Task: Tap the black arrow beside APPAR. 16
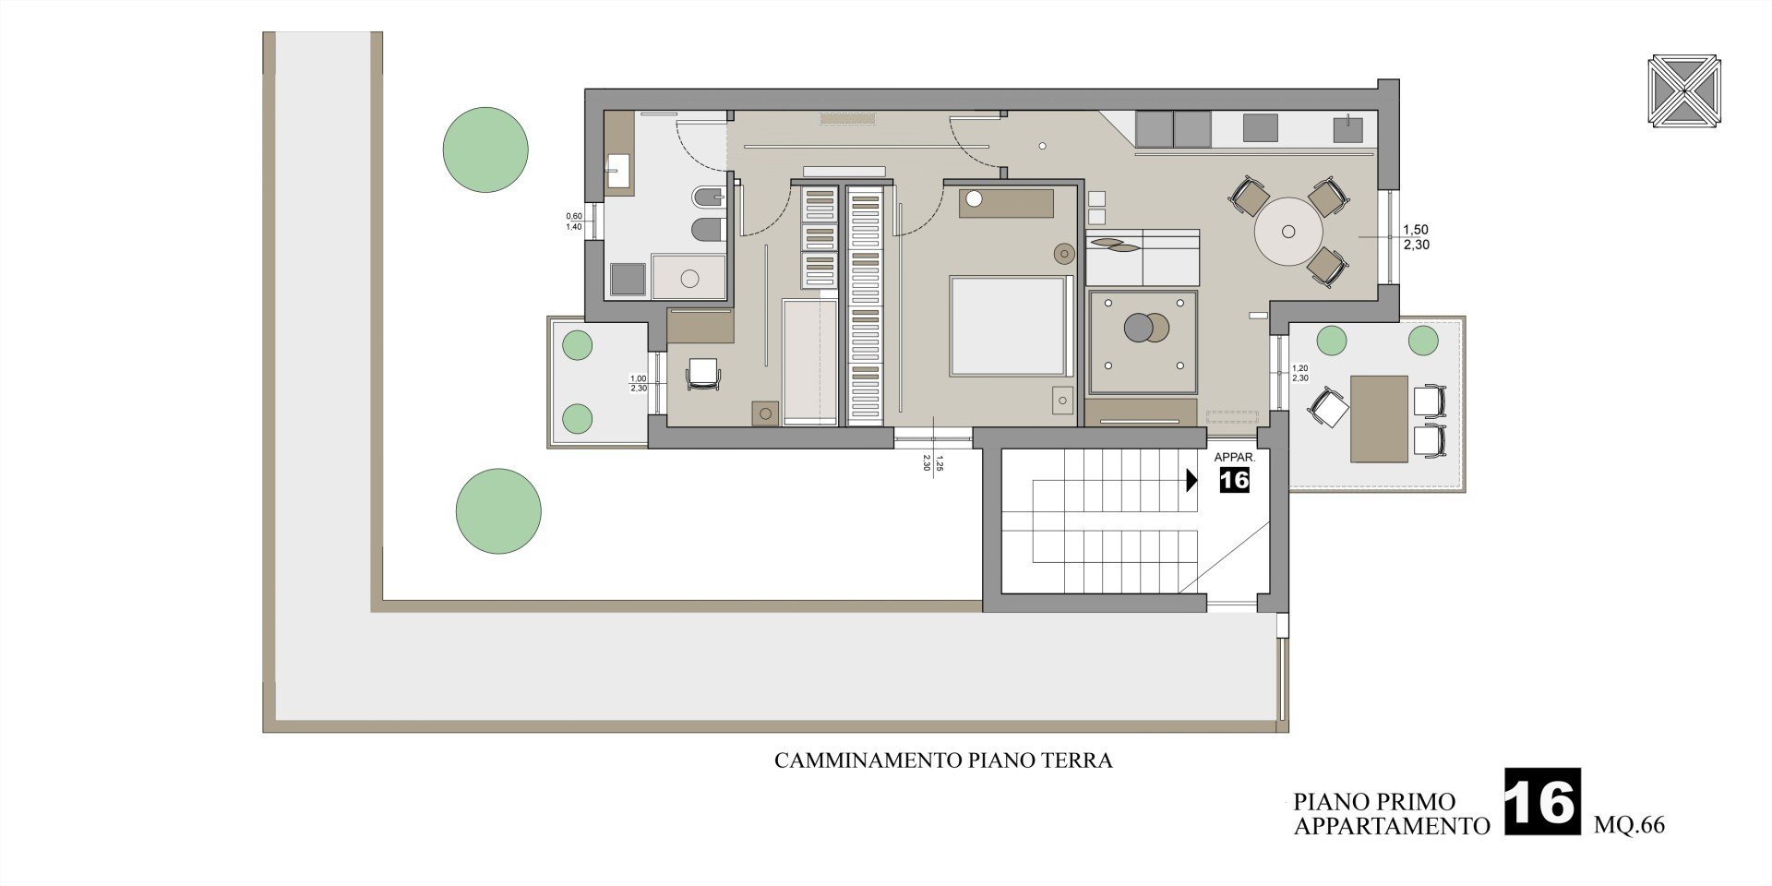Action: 1191,480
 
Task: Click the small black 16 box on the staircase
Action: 1234,480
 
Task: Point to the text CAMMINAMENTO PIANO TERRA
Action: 943,761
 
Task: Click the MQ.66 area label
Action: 1630,825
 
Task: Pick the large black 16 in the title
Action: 1542,802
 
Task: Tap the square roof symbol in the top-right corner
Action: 1685,93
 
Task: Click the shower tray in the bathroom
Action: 688,276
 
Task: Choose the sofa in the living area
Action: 1143,257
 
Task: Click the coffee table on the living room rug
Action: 1146,327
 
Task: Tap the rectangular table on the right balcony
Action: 1379,418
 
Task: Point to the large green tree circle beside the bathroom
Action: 485,150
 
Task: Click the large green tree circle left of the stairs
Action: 498,511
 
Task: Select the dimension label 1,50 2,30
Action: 1416,237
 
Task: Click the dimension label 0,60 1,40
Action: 574,221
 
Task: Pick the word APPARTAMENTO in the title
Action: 1392,825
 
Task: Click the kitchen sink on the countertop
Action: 1348,128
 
